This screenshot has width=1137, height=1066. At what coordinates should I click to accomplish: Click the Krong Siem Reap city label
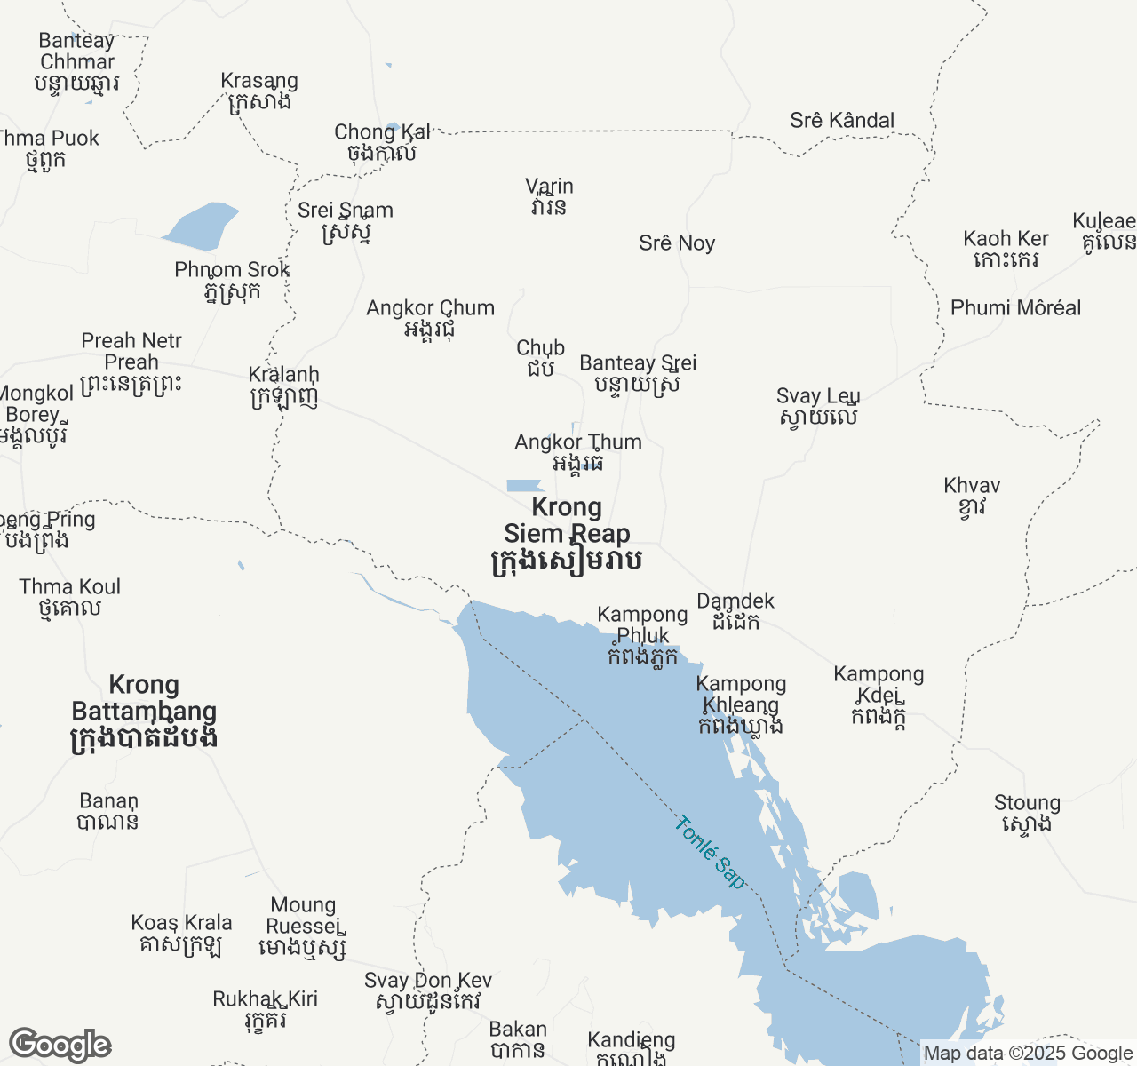click(x=567, y=533)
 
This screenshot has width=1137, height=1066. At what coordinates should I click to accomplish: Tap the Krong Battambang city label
click(x=144, y=711)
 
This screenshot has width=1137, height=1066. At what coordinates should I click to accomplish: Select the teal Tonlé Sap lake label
click(x=710, y=852)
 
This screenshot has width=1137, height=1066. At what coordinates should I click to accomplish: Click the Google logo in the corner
click(x=60, y=1045)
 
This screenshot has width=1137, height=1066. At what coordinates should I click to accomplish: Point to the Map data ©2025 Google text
click(x=1028, y=1054)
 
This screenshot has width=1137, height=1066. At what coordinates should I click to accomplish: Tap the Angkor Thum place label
click(x=578, y=452)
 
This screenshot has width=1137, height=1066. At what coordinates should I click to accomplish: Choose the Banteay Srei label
click(x=638, y=373)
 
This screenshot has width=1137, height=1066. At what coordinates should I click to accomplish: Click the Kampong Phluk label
click(x=642, y=635)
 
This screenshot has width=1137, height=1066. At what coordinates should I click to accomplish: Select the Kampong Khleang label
click(x=741, y=704)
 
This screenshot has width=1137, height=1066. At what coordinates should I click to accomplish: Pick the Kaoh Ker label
click(x=1006, y=249)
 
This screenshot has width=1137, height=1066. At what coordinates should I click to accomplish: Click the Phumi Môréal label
click(x=1015, y=308)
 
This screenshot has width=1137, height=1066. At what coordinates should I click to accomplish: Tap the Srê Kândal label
click(x=841, y=121)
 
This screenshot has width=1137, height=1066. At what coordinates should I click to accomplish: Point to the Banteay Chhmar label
click(x=76, y=61)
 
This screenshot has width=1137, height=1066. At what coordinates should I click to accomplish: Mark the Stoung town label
click(x=1027, y=813)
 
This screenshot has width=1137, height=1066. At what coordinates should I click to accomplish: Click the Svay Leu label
click(x=817, y=406)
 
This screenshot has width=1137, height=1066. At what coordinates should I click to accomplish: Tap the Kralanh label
click(x=283, y=386)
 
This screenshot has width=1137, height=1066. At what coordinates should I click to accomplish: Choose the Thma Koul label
click(x=69, y=597)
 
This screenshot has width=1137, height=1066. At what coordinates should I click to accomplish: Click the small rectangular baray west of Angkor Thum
click(x=524, y=486)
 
